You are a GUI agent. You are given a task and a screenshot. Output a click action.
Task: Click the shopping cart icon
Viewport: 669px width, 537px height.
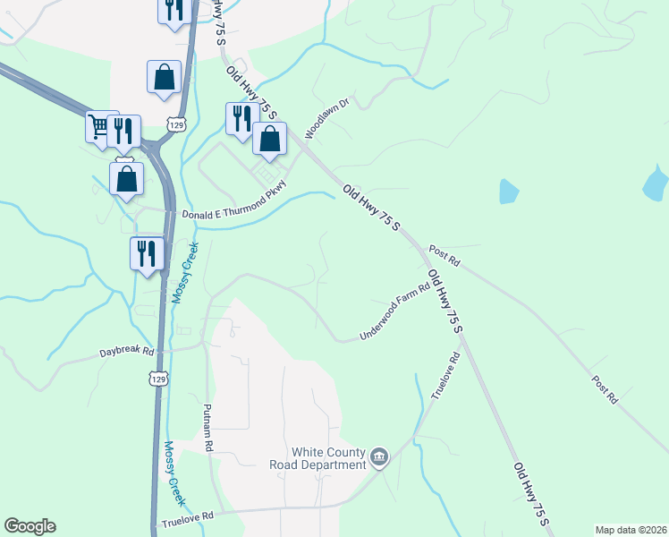point(101,127)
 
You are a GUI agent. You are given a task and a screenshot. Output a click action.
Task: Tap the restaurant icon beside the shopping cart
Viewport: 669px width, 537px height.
point(123,132)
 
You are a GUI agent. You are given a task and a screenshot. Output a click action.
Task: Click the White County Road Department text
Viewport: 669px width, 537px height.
point(318,458)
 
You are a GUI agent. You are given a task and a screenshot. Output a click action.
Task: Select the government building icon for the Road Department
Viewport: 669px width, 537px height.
point(379,458)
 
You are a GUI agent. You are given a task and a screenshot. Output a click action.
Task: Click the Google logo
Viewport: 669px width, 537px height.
point(30,526)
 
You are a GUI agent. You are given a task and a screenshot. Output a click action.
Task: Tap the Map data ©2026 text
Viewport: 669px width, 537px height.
point(631,529)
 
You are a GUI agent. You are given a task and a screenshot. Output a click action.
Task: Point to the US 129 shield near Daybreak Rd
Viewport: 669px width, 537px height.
point(158,379)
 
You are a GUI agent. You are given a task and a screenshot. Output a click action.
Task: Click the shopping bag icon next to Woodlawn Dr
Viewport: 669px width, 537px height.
point(269,139)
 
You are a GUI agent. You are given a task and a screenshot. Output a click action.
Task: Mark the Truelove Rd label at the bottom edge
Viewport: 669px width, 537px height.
point(188,518)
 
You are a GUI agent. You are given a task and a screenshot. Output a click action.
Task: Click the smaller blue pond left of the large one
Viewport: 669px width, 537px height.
point(508,192)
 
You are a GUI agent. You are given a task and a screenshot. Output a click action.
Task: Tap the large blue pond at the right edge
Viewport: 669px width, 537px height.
point(656,183)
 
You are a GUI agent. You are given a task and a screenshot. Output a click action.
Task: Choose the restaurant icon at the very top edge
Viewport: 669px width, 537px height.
point(173,9)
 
